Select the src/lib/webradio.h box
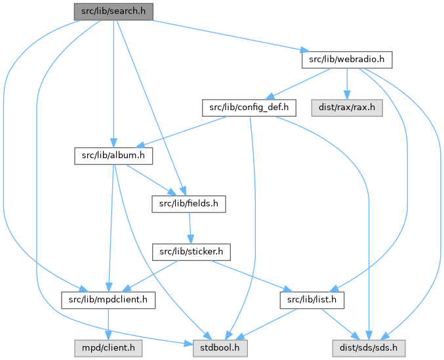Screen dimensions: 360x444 346,60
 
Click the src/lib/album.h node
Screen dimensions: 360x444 113,156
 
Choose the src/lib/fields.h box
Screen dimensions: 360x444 188,204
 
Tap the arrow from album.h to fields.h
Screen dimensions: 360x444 149,179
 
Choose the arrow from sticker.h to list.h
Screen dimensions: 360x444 249,276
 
